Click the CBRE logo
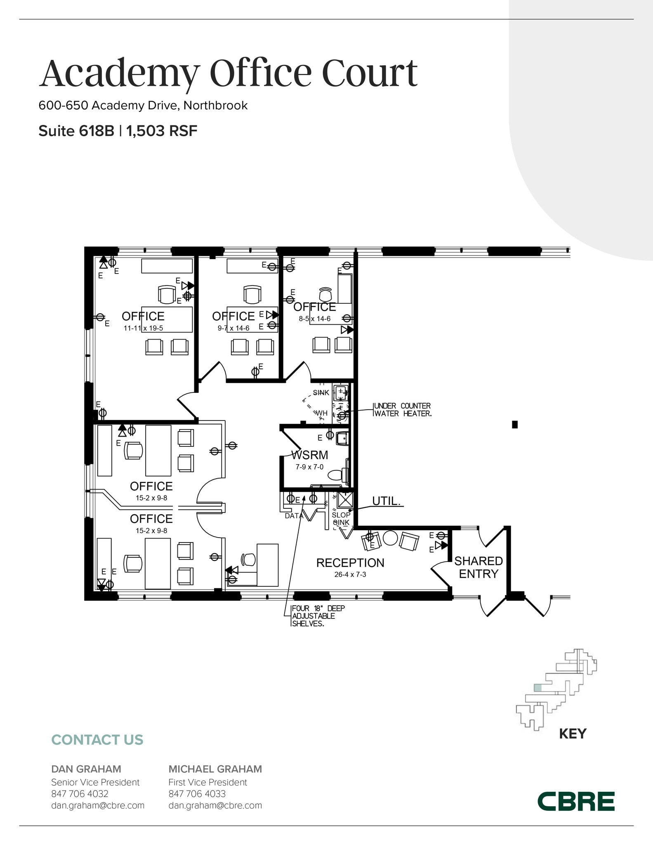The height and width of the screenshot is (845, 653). click(576, 801)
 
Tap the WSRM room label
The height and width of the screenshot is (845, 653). click(309, 455)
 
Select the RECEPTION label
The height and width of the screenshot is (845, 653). click(350, 563)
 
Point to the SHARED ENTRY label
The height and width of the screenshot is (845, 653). click(479, 567)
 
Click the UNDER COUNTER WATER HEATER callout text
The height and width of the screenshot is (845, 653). click(402, 410)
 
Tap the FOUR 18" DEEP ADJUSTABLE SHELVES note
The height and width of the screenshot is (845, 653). click(318, 616)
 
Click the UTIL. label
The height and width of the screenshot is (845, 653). click(386, 501)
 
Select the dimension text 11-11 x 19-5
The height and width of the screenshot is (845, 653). click(143, 328)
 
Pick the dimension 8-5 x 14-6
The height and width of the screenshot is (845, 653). click(315, 319)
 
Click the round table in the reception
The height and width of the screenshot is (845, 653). click(390, 538)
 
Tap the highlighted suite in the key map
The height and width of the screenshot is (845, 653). click(537, 688)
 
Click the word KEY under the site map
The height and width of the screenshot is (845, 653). click(573, 734)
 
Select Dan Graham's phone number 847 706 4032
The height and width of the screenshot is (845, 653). click(80, 794)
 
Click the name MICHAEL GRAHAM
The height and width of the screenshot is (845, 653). click(215, 769)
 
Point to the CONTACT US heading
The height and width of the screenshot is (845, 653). click(97, 740)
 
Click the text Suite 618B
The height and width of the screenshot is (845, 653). click(76, 131)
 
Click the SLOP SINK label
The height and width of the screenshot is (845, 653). click(341, 519)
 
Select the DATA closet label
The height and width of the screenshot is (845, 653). click(294, 516)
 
